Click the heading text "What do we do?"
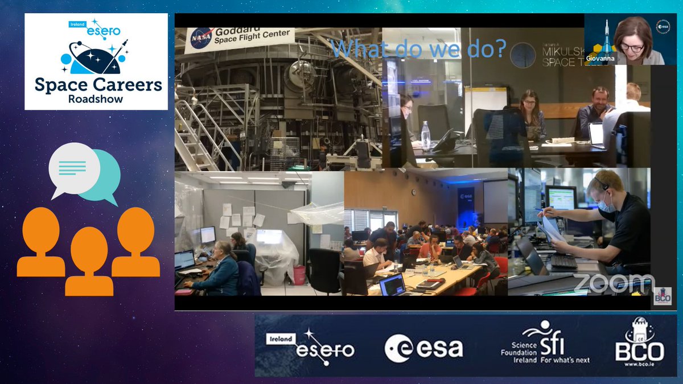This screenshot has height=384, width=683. [418, 48]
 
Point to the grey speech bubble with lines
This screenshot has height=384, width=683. [74, 169]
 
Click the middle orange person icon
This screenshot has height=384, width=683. [89, 261]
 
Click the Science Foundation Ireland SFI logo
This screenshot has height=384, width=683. [545, 344]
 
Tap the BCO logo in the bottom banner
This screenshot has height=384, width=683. [639, 345]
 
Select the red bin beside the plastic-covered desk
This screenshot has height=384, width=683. [298, 274]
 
